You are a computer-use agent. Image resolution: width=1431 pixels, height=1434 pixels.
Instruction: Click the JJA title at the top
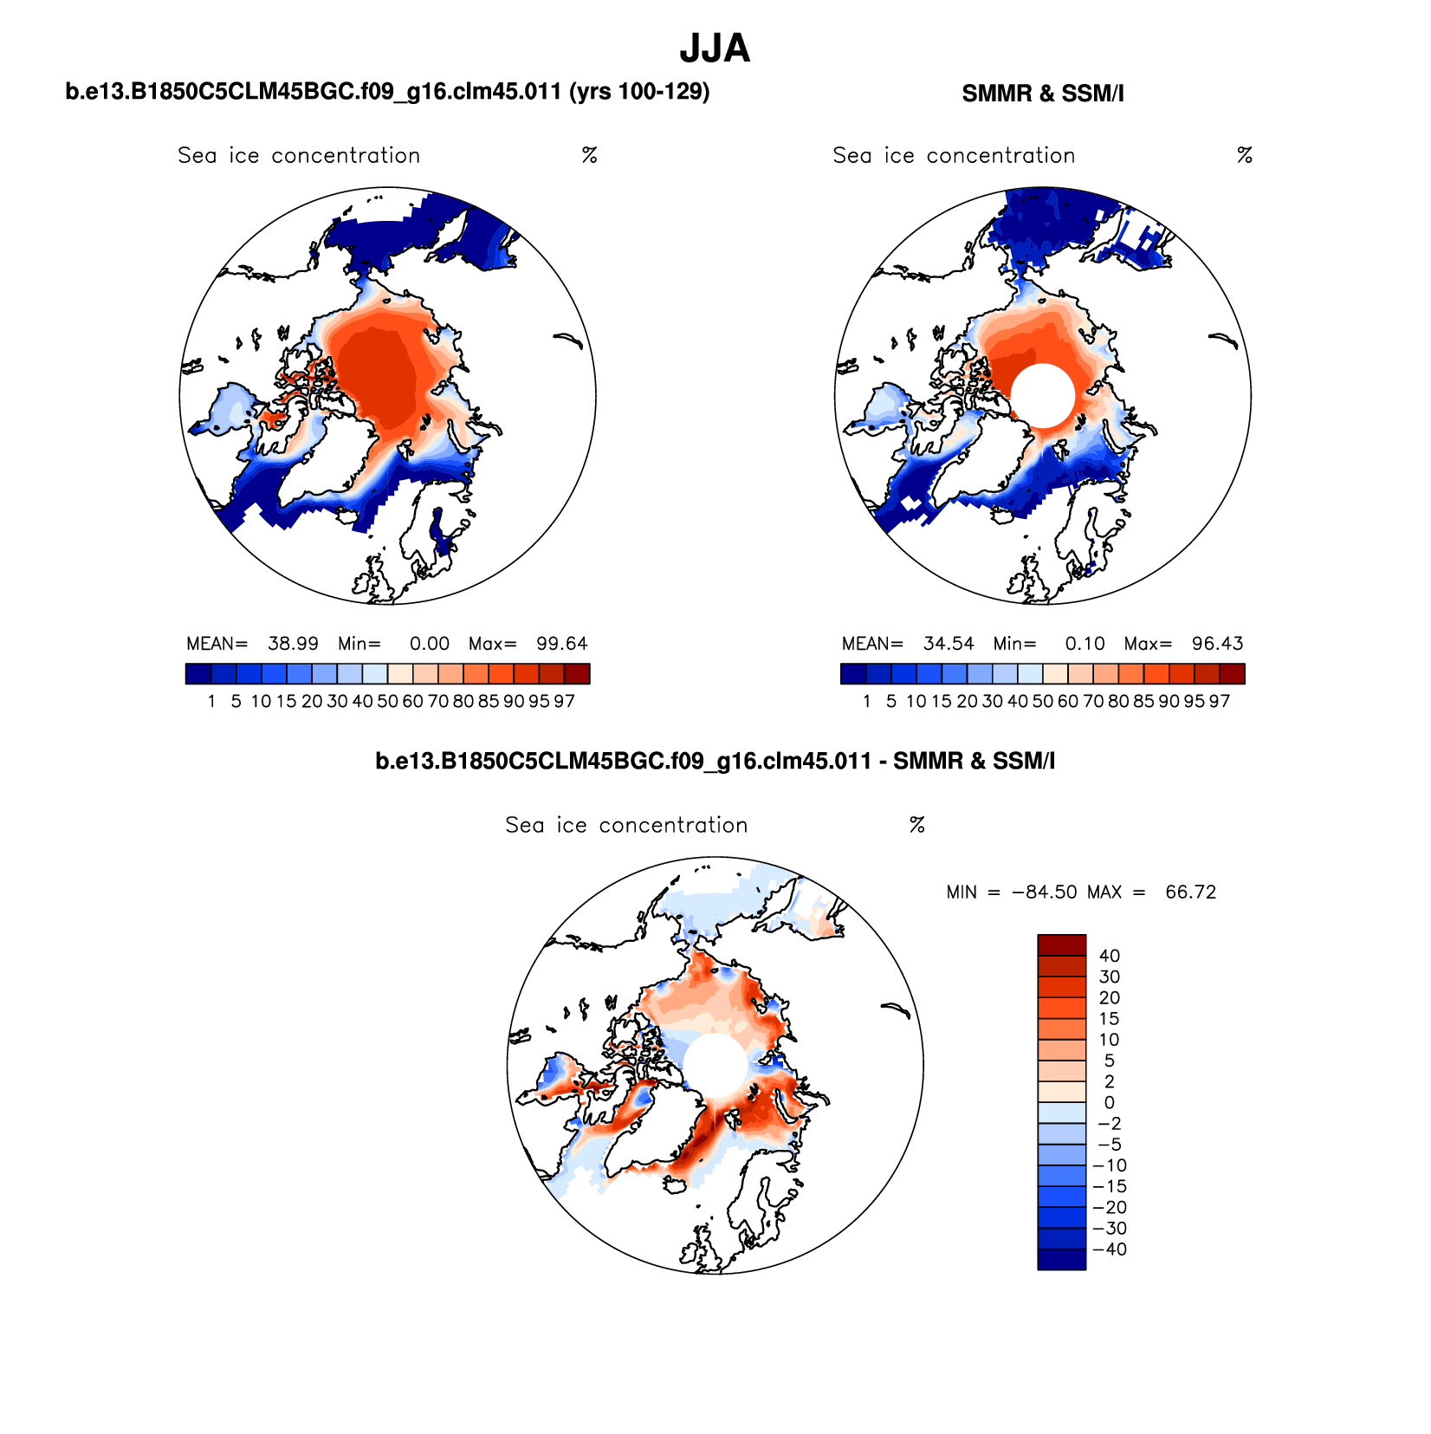[x=715, y=49]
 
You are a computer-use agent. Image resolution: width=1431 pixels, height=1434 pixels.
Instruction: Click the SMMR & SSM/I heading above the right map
[x=1042, y=94]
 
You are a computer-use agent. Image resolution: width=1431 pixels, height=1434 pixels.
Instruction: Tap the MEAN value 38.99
[x=293, y=644]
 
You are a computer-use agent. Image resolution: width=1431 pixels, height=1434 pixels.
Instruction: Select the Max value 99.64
[x=561, y=644]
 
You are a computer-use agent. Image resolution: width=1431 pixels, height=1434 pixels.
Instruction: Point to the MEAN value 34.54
[x=949, y=644]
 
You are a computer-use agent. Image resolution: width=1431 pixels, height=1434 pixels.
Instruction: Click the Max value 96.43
[x=1217, y=644]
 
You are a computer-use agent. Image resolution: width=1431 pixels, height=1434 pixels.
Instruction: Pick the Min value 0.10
[x=1085, y=644]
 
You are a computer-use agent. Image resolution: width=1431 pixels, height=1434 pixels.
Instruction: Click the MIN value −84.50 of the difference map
[x=1044, y=892]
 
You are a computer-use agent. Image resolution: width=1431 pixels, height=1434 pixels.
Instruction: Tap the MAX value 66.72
[x=1190, y=892]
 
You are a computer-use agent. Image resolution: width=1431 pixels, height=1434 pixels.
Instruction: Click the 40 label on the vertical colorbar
[x=1109, y=956]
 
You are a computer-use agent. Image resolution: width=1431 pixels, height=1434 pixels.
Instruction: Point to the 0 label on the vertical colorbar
[x=1109, y=1103]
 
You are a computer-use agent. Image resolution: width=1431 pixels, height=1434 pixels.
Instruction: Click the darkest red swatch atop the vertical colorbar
[x=1061, y=944]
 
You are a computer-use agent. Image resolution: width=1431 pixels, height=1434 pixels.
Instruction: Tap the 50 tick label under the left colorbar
[x=387, y=701]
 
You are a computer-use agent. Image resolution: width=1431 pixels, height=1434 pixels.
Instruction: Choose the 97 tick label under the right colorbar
[x=1220, y=701]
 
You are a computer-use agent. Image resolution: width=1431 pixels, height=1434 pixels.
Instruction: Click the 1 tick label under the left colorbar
[x=211, y=701]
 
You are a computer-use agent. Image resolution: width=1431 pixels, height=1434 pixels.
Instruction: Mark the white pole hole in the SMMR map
[x=1043, y=396]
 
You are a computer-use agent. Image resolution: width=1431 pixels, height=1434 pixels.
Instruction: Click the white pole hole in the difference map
[x=715, y=1065]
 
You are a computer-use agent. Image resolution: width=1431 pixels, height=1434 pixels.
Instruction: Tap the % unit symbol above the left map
[x=590, y=156]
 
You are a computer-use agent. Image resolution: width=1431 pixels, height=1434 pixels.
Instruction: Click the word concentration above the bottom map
[x=673, y=826]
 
